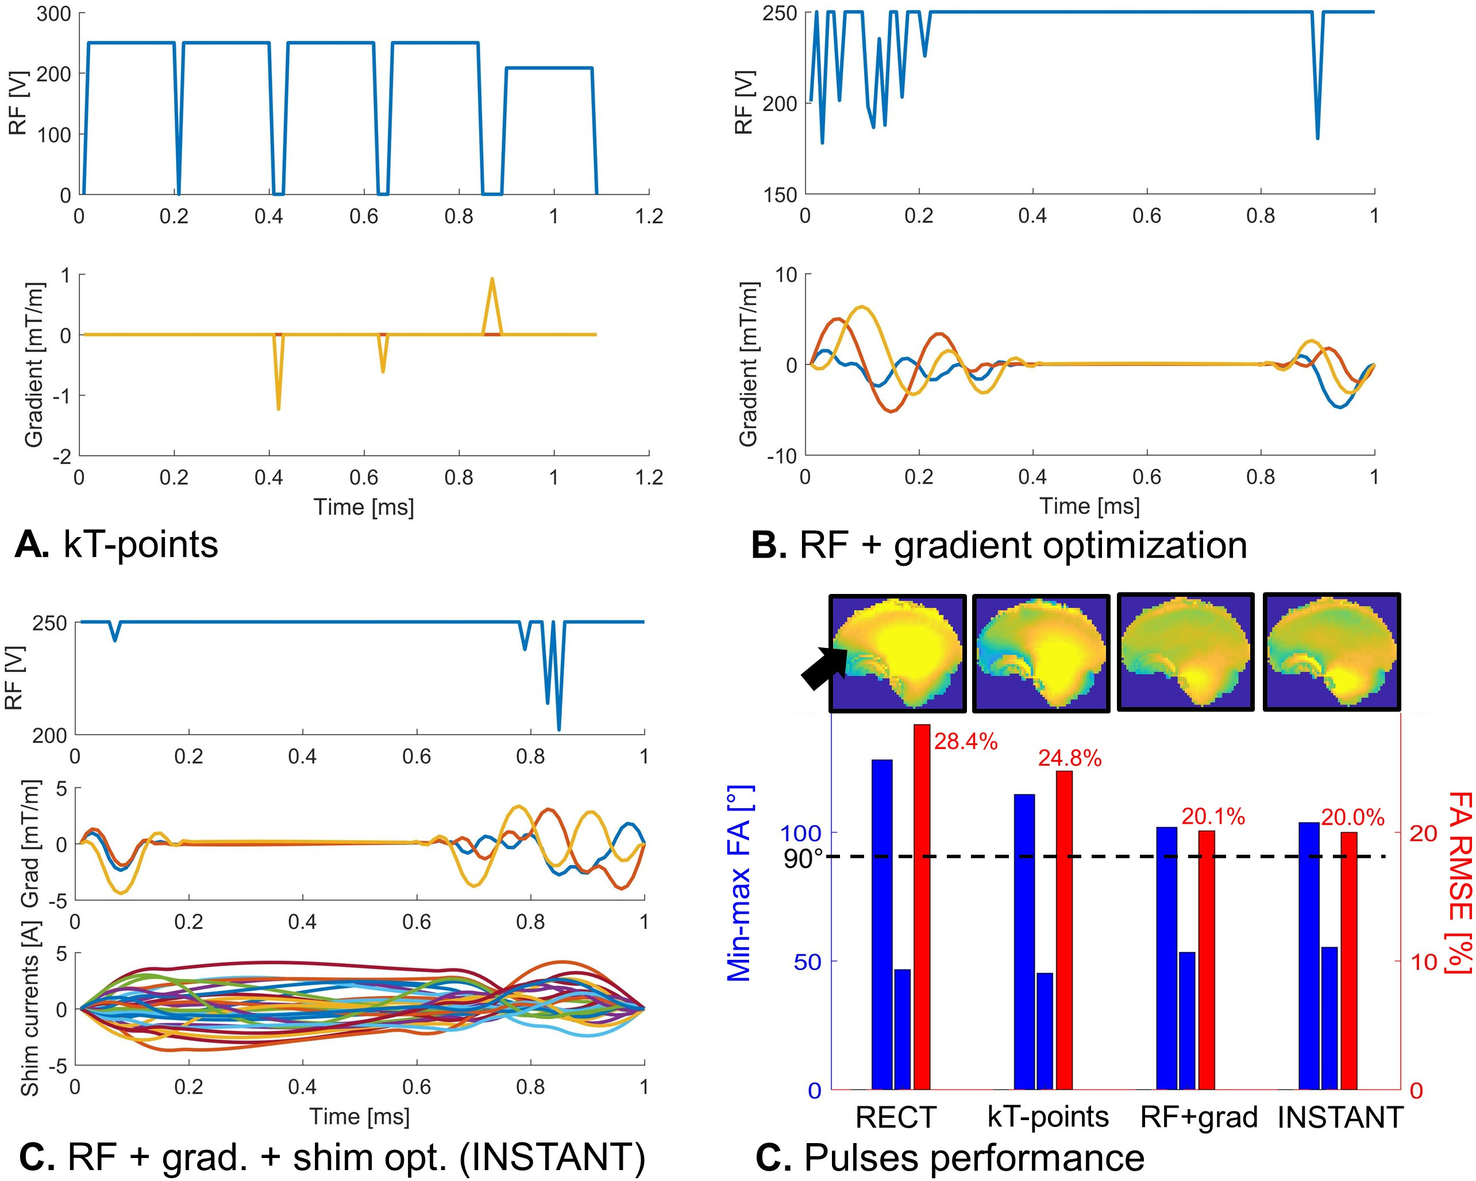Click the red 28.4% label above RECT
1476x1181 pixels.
click(965, 742)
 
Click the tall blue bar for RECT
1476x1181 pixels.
click(882, 924)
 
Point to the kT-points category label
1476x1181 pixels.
click(1047, 1117)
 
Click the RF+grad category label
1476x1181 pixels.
click(1198, 1117)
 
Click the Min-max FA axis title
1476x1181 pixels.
click(739, 883)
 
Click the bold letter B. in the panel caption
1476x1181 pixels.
click(768, 546)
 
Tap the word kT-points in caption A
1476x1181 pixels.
click(140, 546)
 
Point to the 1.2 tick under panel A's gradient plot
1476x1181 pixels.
click(648, 477)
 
